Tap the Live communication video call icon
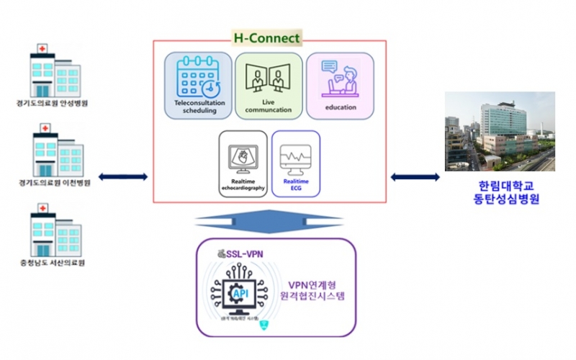[x=267, y=76]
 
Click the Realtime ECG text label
[x=295, y=186]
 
